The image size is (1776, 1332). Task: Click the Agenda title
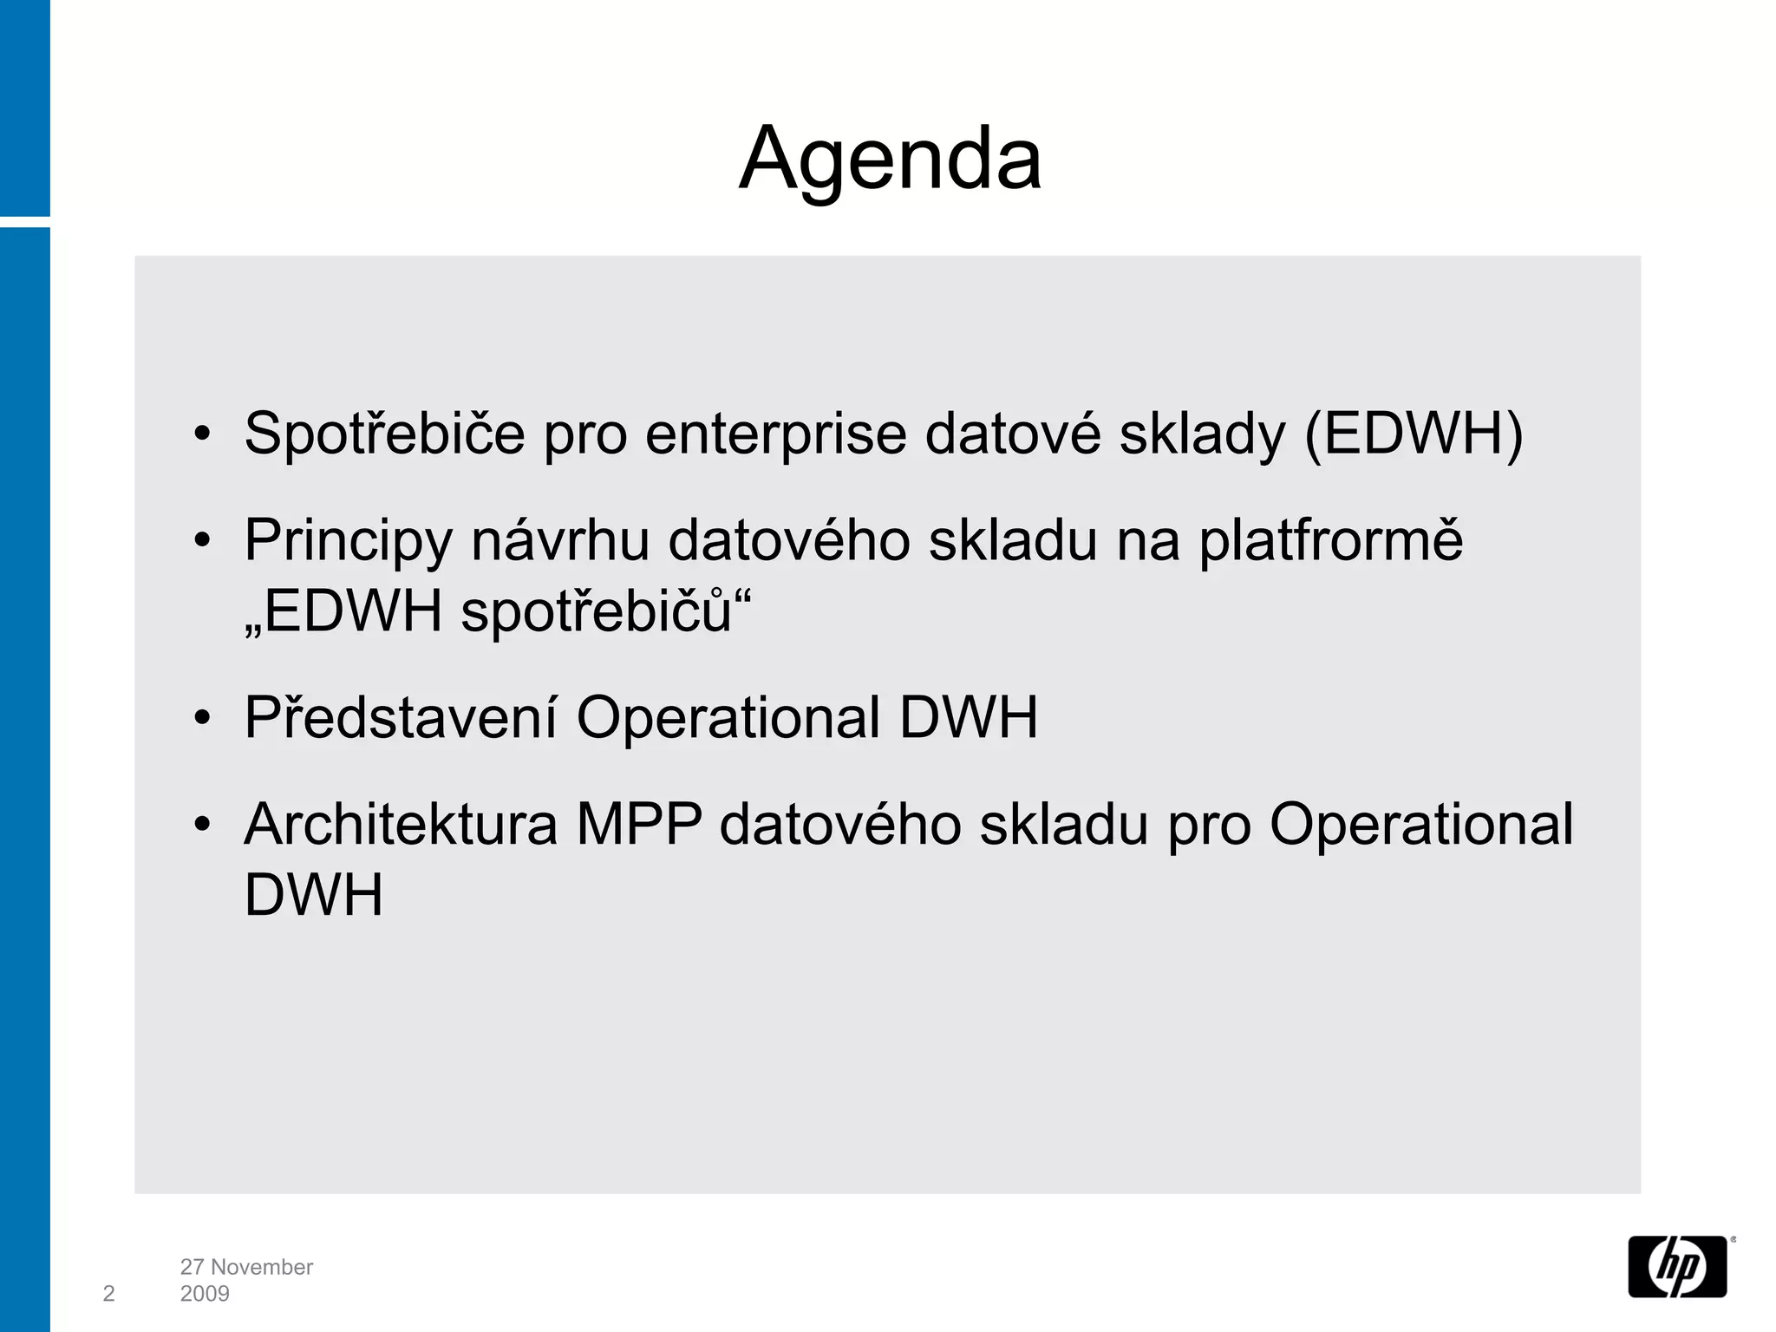click(x=890, y=160)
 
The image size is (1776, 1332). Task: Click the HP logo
click(x=1677, y=1266)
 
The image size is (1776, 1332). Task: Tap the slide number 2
click(x=108, y=1294)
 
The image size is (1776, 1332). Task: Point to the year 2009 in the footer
click(x=205, y=1294)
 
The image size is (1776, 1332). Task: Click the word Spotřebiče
click(x=384, y=434)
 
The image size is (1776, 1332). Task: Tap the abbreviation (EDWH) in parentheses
click(x=1413, y=434)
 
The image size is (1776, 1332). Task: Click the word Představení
click(x=400, y=717)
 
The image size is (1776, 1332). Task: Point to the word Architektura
click(x=401, y=824)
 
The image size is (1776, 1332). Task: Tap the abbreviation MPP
click(x=638, y=824)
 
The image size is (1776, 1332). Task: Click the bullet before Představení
click(x=202, y=718)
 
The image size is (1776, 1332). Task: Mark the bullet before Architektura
click(x=202, y=825)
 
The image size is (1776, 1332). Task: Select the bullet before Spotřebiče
click(x=202, y=434)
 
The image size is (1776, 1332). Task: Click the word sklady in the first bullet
click(x=1202, y=435)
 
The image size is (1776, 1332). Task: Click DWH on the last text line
click(x=313, y=895)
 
